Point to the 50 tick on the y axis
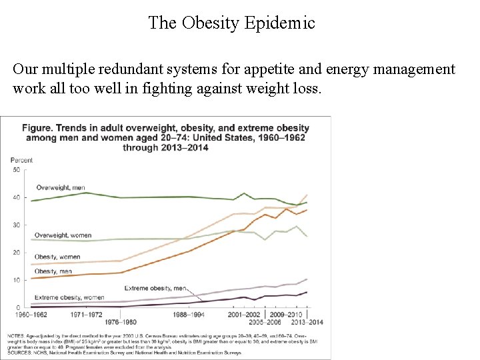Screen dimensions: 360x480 point(17,170)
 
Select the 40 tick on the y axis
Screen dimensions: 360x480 point(17,197)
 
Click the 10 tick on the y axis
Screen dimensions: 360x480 point(17,280)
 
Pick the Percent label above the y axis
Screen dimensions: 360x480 point(21,160)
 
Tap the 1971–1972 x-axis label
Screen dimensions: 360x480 point(87,313)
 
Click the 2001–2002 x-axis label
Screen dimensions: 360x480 point(244,313)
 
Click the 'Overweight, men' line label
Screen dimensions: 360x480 point(61,187)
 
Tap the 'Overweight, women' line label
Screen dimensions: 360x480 point(63,235)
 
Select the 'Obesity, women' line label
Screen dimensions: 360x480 point(58,257)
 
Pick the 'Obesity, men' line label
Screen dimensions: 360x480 point(53,271)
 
